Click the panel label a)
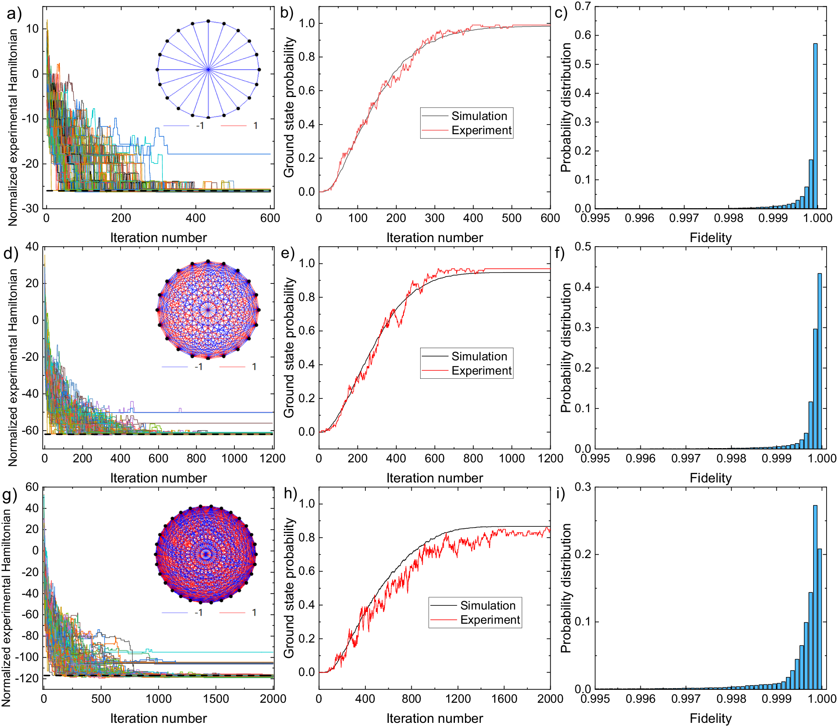pos(14,14)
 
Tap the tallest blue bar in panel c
pos(815,125)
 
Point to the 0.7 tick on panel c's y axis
pos(583,6)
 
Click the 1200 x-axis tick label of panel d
pos(272,458)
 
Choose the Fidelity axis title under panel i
pos(710,718)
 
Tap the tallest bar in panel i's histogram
pos(815,598)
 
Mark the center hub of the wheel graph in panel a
pos(208,69)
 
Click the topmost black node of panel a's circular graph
pos(208,21)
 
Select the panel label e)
pos(288,253)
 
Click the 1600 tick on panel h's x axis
pos(504,699)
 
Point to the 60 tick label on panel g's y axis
pos(32,487)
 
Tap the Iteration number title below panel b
pos(434,237)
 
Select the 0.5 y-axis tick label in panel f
pos(583,247)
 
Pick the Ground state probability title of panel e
pos(289,347)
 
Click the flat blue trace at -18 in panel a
pos(218,154)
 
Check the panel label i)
pos(560,493)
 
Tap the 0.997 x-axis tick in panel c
pos(684,218)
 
